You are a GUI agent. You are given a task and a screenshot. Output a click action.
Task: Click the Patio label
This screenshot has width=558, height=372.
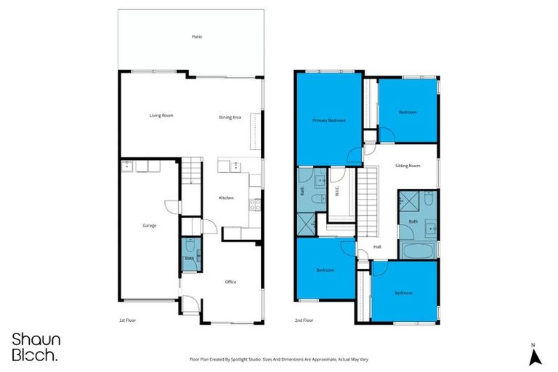click(x=196, y=36)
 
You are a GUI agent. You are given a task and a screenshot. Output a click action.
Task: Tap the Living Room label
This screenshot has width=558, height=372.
click(x=161, y=116)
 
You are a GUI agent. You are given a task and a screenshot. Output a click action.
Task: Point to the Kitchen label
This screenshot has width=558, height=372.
click(x=226, y=198)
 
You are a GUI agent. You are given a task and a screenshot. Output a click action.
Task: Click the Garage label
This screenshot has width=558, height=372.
click(x=149, y=225)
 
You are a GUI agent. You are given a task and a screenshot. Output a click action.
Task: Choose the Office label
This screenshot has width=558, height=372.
click(x=230, y=282)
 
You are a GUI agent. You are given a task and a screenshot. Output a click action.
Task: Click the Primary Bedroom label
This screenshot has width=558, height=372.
click(x=328, y=120)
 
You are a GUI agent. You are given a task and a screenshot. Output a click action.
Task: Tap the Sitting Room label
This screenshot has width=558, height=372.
click(x=408, y=166)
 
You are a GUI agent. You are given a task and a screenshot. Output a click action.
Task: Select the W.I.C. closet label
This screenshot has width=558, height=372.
click(x=337, y=192)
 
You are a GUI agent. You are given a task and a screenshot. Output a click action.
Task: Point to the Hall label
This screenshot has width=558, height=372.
click(x=377, y=247)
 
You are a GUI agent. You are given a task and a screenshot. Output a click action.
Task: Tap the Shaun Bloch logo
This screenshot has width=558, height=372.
click(x=36, y=347)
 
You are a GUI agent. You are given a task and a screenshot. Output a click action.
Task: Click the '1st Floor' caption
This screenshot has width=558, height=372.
click(x=128, y=320)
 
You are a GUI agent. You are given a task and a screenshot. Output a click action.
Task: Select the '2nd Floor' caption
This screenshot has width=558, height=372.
click(x=304, y=320)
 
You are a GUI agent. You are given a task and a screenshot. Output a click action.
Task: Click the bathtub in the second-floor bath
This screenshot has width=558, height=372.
click(x=418, y=251)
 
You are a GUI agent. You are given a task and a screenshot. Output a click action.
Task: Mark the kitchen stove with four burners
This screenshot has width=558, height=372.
click(x=255, y=204)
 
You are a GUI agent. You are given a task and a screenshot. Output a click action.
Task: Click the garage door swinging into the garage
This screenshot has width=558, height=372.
click(x=171, y=206)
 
